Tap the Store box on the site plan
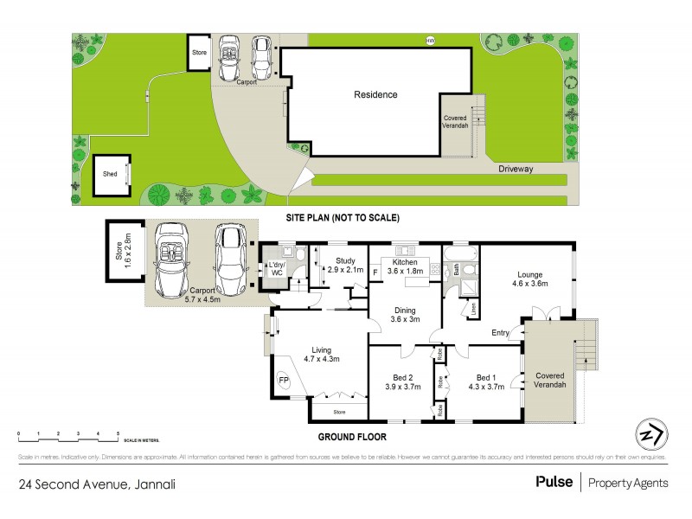200,53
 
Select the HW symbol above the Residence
430,41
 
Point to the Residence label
375,94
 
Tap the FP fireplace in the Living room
283,379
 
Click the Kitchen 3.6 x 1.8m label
405,266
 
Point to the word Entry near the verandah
500,333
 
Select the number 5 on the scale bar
118,432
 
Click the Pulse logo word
554,483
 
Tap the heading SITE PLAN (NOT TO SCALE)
343,218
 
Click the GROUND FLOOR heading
352,437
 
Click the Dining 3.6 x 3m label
405,315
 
